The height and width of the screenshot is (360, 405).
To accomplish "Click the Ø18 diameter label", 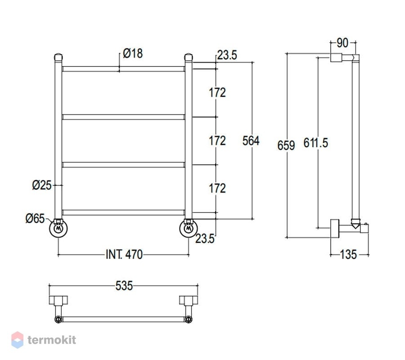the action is pyautogui.click(x=133, y=54).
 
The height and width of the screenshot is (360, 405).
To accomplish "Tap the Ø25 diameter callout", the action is pyautogui.click(x=42, y=185).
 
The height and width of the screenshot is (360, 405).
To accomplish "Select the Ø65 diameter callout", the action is pyautogui.click(x=35, y=219).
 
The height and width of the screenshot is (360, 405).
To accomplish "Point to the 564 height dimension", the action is pyautogui.click(x=251, y=141).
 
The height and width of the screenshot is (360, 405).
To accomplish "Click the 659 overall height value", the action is pyautogui.click(x=286, y=145).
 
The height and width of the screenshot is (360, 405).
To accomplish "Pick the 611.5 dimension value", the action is pyautogui.click(x=315, y=143).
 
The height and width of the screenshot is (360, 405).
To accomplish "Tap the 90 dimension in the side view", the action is pyautogui.click(x=342, y=43).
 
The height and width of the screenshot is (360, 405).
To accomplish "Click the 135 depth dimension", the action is pyautogui.click(x=348, y=255).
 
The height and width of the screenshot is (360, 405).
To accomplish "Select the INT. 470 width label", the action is pyautogui.click(x=124, y=255).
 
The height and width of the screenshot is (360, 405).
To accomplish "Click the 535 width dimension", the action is pyautogui.click(x=124, y=286).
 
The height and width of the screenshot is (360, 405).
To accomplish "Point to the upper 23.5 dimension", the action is pyautogui.click(x=227, y=55).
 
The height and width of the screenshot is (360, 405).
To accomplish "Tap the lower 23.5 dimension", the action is pyautogui.click(x=205, y=238).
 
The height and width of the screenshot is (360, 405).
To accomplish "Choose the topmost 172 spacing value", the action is pyautogui.click(x=217, y=92).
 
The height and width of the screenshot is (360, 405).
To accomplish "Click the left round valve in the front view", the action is pyautogui.click(x=58, y=229).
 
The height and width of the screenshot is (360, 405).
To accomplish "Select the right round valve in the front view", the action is pyautogui.click(x=189, y=229).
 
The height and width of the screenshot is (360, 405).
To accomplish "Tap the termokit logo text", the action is pyautogui.click(x=52, y=340).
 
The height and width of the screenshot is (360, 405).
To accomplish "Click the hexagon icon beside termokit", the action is pyautogui.click(x=17, y=340).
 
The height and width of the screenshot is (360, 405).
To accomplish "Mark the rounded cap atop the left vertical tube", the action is pyautogui.click(x=58, y=57).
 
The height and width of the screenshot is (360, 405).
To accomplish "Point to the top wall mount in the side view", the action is pyautogui.click(x=336, y=58).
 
